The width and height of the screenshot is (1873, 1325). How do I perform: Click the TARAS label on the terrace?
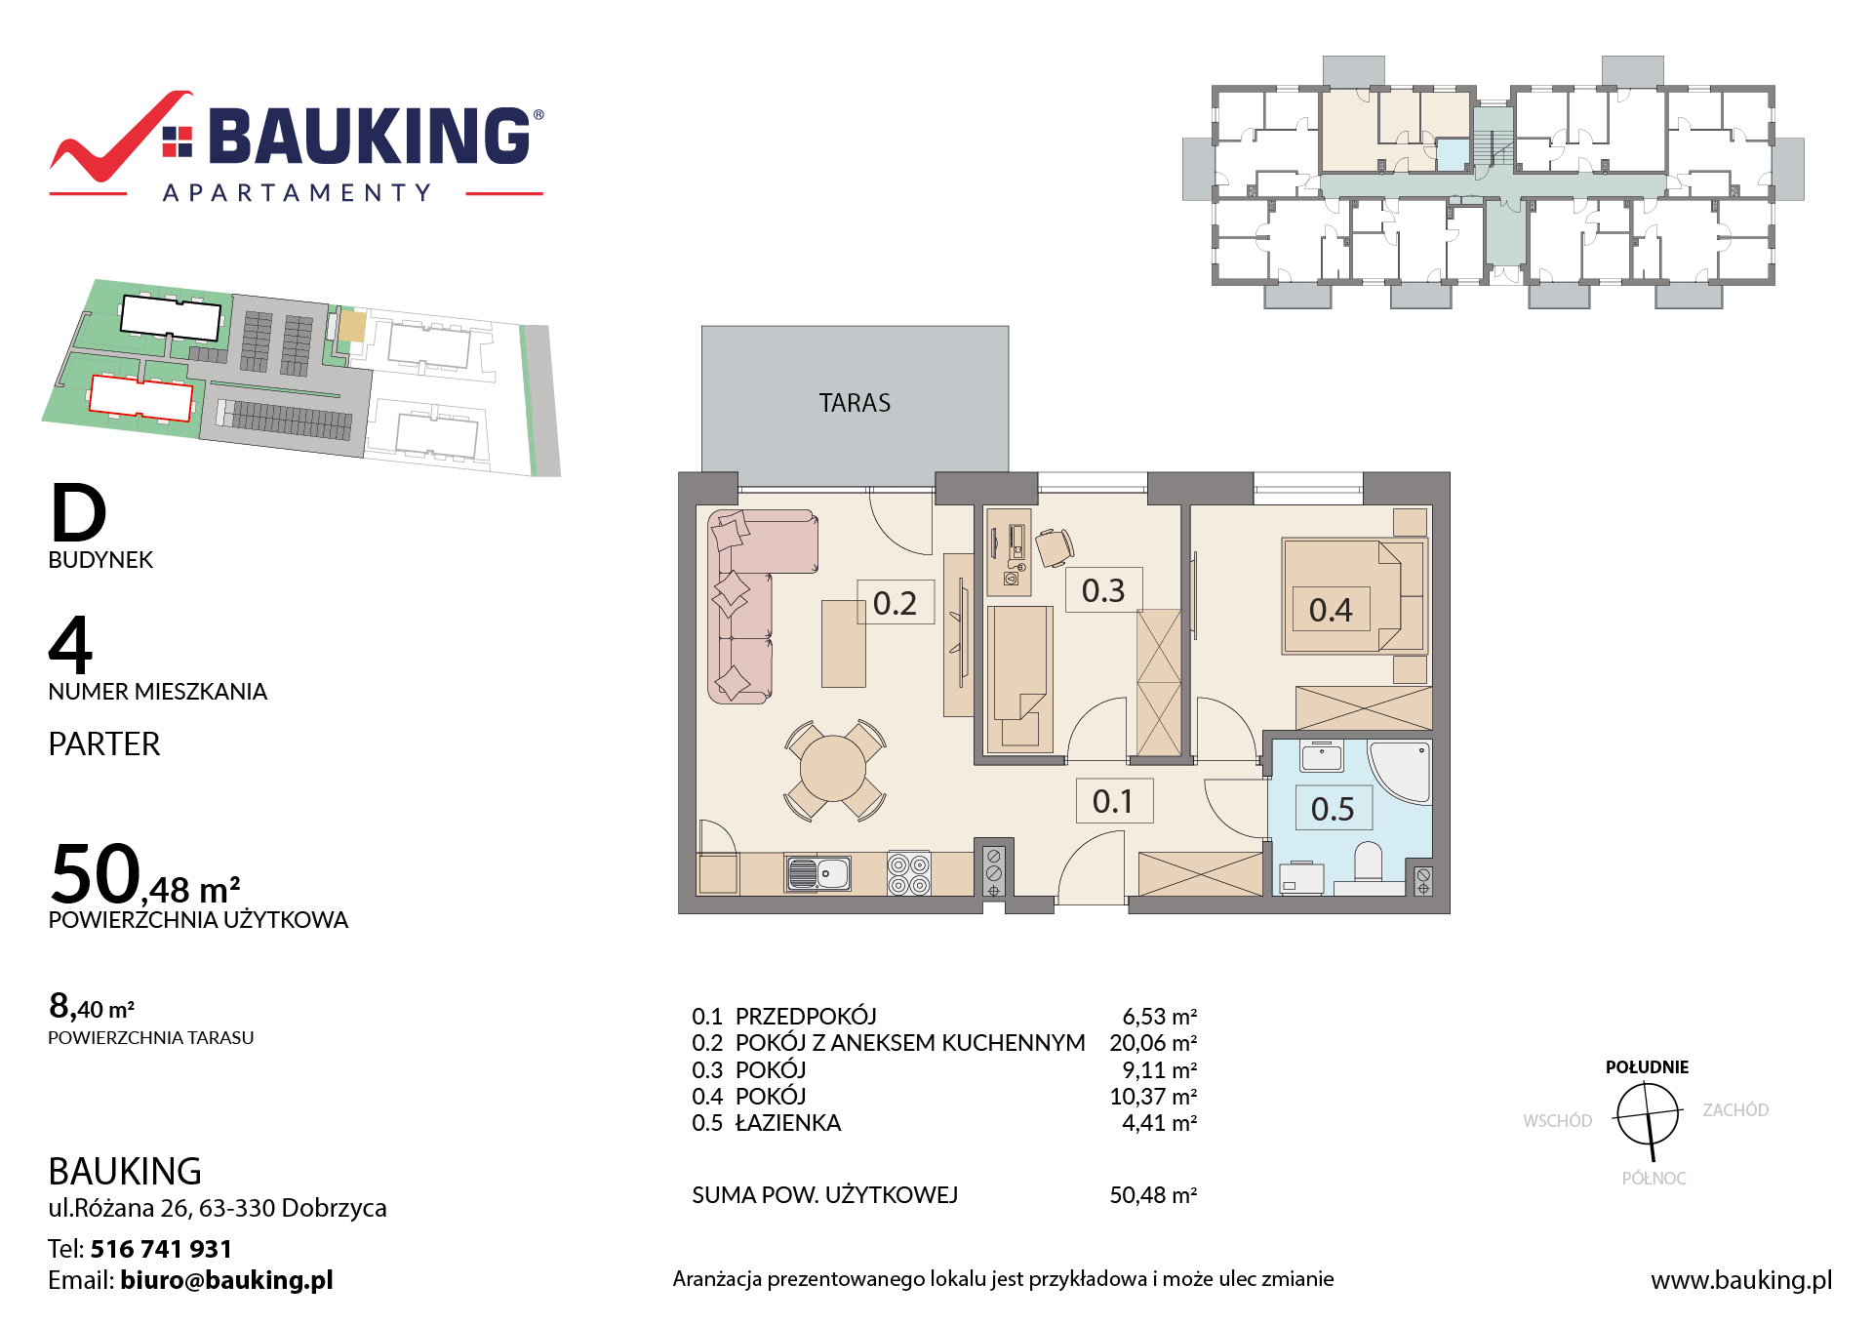(855, 403)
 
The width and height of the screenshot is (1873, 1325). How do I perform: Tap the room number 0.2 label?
(895, 603)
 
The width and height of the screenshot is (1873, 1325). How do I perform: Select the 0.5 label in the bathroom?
(1333, 809)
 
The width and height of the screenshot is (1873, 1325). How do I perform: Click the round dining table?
(833, 769)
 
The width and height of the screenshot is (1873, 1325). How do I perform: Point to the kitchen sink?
(818, 873)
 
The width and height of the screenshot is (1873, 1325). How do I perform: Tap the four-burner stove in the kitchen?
(908, 873)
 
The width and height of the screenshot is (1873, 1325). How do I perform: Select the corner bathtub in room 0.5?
(1401, 771)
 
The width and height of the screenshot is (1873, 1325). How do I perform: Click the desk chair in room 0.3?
(1055, 546)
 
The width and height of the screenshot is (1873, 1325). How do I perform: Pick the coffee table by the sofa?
(844, 644)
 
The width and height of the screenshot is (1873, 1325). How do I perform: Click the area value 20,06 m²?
(1153, 1043)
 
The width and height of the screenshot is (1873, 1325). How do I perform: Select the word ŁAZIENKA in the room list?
(788, 1123)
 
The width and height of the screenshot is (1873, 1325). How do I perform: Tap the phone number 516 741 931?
(162, 1249)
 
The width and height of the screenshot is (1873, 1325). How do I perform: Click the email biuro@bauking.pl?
(226, 1280)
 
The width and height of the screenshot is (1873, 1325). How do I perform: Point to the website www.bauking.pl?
(1741, 1280)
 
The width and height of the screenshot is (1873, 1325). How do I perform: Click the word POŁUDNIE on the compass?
(1647, 1067)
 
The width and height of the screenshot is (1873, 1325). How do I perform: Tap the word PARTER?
(104, 744)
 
